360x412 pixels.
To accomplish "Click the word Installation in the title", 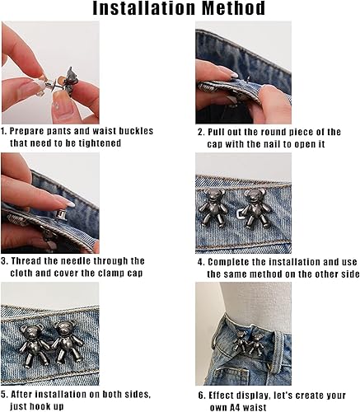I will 145,10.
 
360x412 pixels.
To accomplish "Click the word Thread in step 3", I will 32,261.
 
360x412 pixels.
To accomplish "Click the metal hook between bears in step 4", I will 240,216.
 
